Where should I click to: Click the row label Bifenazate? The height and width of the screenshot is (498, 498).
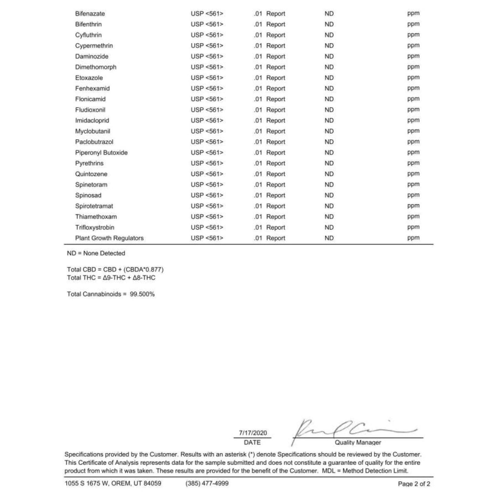tap(90, 14)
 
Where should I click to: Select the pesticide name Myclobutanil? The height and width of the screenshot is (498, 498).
tap(93, 131)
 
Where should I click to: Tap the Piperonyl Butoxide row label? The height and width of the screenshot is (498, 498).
tap(101, 153)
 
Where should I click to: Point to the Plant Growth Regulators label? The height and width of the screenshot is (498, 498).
tap(109, 238)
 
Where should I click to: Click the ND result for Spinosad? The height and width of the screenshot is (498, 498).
tap(329, 195)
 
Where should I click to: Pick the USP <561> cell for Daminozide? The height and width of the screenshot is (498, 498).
tap(207, 57)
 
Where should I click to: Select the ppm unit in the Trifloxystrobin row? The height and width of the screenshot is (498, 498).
tap(413, 227)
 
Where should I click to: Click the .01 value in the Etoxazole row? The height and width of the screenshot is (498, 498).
tap(258, 78)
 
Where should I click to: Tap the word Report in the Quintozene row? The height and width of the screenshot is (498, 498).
tap(276, 174)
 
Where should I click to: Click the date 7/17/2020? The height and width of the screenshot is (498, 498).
tap(253, 433)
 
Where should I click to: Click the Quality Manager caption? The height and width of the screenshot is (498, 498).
tap(358, 443)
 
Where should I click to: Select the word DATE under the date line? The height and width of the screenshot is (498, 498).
tap(252, 443)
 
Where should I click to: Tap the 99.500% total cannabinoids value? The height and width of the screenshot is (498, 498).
tap(142, 294)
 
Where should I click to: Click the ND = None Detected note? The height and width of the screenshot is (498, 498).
tap(96, 253)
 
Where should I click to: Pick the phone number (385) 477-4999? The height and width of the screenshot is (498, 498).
tap(207, 483)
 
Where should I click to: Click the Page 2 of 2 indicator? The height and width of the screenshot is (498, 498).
tap(414, 484)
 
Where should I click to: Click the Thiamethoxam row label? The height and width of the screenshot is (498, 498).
tap(96, 217)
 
